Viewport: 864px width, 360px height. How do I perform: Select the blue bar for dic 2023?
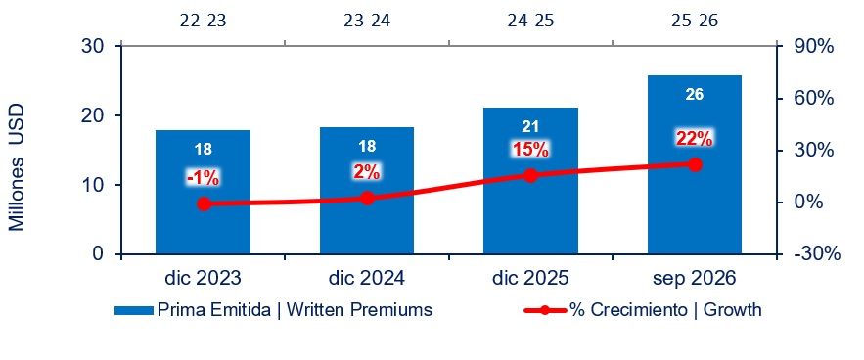pyautogui.click(x=203, y=192)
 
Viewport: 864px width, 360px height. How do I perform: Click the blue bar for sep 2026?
pyautogui.click(x=695, y=165)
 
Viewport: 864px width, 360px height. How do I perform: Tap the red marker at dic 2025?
pyautogui.click(x=530, y=176)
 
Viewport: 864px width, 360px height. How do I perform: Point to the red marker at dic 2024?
pyautogui.click(x=368, y=199)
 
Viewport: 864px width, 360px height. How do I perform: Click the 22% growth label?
pyautogui.click(x=695, y=139)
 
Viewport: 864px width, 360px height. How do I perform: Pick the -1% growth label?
pyautogui.click(x=203, y=178)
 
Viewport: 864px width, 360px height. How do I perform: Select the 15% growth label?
pyautogui.click(x=530, y=150)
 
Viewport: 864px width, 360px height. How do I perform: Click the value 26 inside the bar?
pyautogui.click(x=695, y=94)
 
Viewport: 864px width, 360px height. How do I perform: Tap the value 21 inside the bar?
pyautogui.click(x=530, y=127)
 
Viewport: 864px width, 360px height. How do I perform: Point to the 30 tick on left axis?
pyautogui.click(x=94, y=46)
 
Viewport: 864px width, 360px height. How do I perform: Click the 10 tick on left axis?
pyautogui.click(x=94, y=185)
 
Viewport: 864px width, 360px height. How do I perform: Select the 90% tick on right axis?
pyautogui.click(x=814, y=47)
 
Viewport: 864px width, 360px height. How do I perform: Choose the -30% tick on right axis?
pyautogui.click(x=817, y=253)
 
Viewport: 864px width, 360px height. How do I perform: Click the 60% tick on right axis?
pyautogui.click(x=814, y=99)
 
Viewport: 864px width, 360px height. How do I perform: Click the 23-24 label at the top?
pyautogui.click(x=367, y=21)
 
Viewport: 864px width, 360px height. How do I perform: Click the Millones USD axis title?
pyautogui.click(x=17, y=167)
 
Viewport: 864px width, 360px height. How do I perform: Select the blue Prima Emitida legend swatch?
pyautogui.click(x=134, y=311)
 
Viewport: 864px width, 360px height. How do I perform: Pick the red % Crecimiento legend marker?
pyautogui.click(x=544, y=310)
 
